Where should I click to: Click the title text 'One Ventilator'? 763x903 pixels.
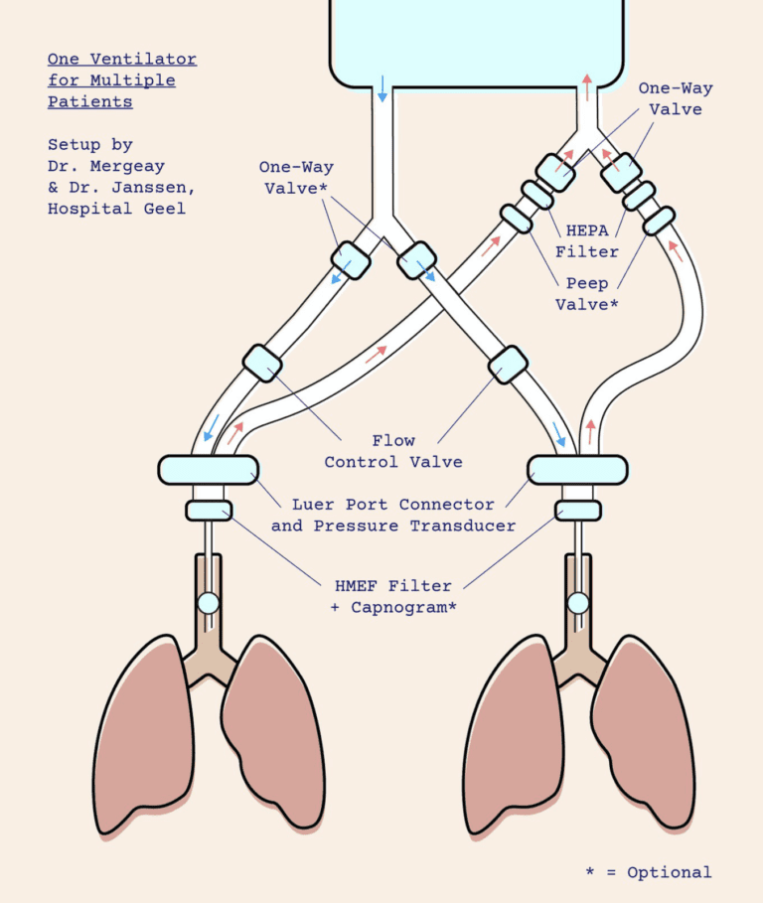click(122, 60)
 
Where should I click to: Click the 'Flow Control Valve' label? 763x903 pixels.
click(393, 451)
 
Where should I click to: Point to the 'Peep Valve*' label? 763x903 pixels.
click(586, 294)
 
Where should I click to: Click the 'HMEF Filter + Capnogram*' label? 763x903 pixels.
click(392, 596)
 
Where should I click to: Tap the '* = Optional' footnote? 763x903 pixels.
click(648, 872)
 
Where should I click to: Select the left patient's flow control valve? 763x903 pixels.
click(261, 362)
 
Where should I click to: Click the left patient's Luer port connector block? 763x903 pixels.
click(209, 468)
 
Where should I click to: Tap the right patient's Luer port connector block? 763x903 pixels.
click(577, 468)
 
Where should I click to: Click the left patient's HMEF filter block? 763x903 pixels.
click(209, 511)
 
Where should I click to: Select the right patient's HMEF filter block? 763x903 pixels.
click(577, 511)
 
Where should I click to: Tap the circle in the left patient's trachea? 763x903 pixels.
click(209, 602)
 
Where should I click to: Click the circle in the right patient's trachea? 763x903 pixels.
click(577, 602)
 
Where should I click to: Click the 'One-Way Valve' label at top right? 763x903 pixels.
click(676, 98)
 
